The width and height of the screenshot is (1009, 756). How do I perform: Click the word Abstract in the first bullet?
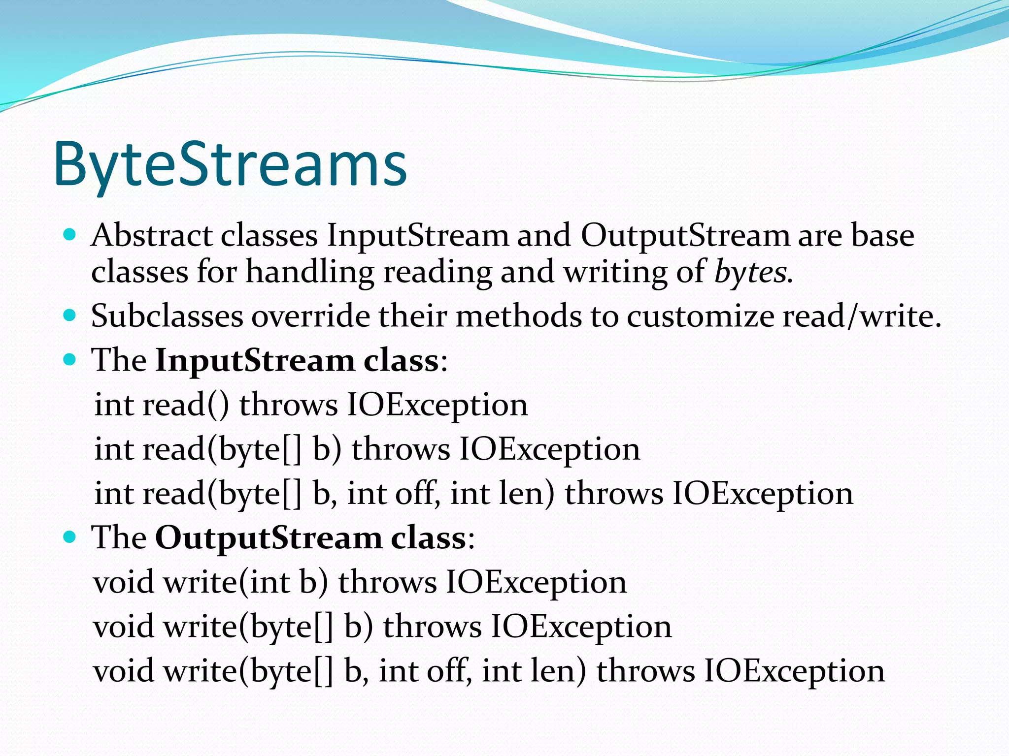point(152,235)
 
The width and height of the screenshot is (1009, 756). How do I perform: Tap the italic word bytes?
point(750,272)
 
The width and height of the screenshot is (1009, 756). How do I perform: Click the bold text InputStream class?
point(297,360)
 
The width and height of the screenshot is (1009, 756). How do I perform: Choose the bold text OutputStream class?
point(310,537)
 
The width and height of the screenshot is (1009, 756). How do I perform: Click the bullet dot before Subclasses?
point(70,315)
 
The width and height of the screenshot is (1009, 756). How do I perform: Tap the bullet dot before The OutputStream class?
point(70,536)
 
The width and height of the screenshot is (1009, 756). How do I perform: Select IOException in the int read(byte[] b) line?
point(549,449)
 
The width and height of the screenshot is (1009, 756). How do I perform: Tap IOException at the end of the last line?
point(794,671)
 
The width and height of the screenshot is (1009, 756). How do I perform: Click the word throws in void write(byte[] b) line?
point(432,627)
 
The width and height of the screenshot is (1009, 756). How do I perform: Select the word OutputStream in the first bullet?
point(685,235)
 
